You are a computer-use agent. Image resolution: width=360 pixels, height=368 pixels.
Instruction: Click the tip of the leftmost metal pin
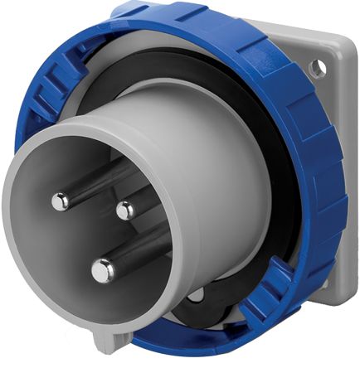(x=60, y=200)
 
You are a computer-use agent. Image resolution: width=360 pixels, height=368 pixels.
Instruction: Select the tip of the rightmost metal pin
(x=124, y=211)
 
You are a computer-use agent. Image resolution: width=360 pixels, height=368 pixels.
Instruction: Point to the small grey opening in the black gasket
(x=197, y=295)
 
